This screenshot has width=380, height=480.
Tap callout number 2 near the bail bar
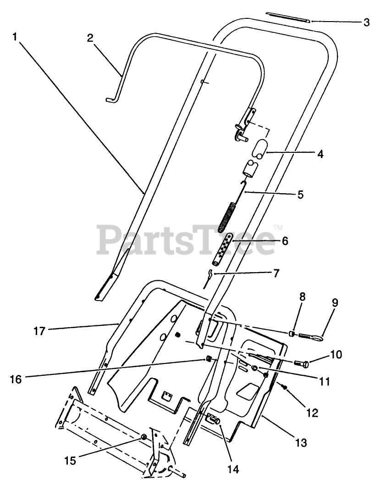90,38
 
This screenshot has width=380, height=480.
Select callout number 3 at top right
366,22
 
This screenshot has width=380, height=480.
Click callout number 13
300,443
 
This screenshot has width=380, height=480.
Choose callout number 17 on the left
39,330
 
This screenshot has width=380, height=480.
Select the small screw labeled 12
284,388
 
